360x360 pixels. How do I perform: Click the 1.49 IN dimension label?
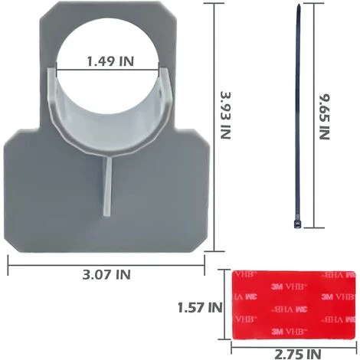coord(110,61)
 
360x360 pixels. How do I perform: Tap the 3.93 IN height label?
coord(226,115)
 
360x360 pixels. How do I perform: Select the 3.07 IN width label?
coord(106,274)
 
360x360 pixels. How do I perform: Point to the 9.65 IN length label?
coord(325,116)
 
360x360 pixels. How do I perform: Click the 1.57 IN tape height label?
coord(200,307)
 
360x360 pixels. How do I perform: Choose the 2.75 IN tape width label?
coord(297,354)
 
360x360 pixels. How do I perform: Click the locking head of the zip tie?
coord(297,224)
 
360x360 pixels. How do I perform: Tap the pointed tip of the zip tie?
coord(299,5)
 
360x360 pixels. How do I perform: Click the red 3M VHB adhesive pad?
coord(293,305)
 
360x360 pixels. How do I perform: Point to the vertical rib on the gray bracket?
coord(107,187)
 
